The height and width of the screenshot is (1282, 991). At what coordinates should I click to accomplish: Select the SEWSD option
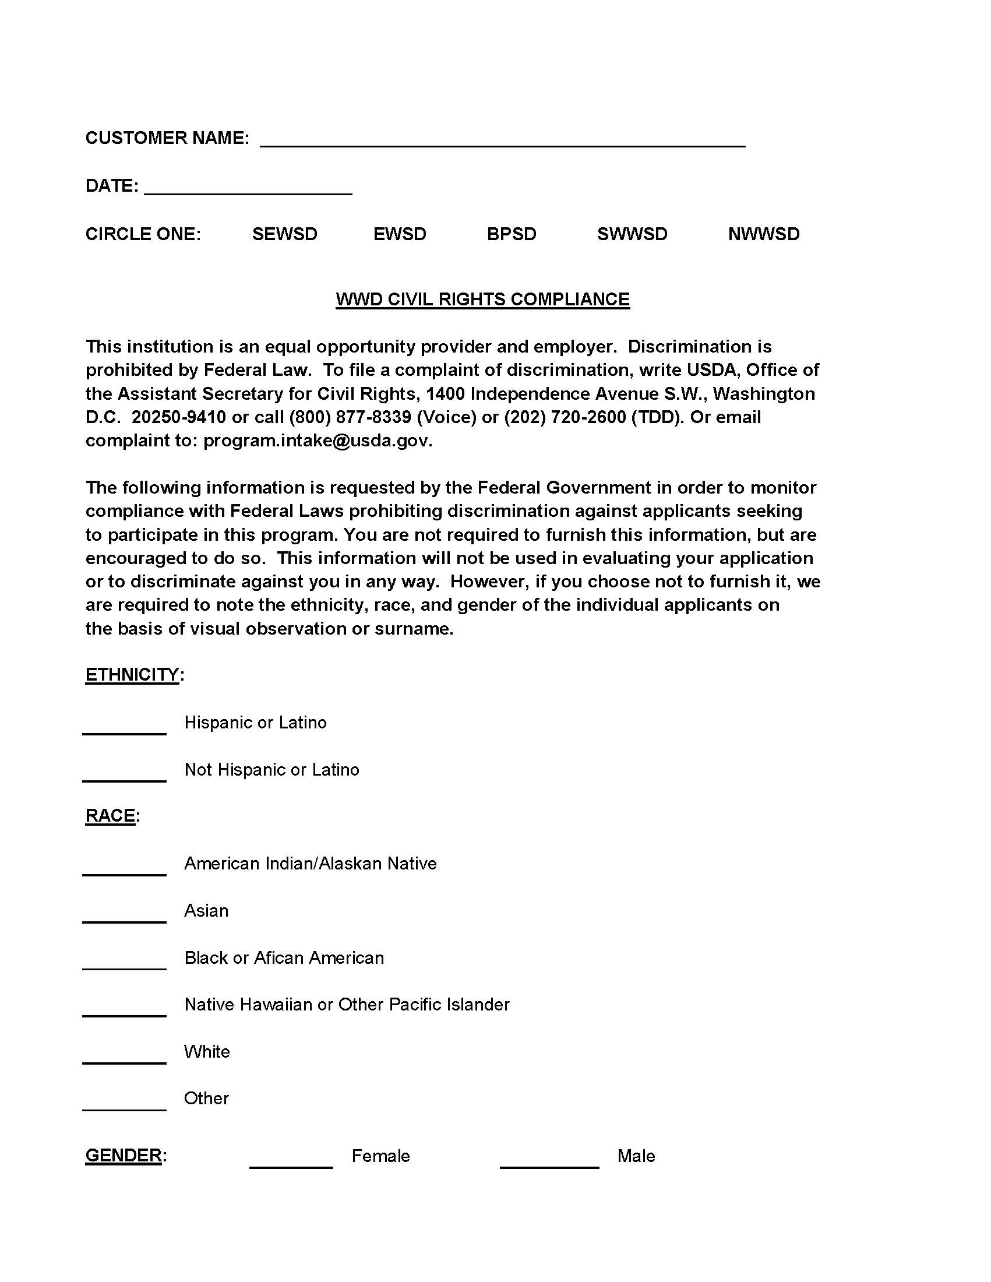point(284,234)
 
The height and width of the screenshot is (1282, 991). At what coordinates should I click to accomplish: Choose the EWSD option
point(400,234)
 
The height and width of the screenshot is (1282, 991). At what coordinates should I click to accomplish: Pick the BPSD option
point(512,234)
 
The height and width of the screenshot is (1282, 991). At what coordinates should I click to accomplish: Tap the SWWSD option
point(632,234)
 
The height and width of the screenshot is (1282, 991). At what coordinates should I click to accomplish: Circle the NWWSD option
point(763,234)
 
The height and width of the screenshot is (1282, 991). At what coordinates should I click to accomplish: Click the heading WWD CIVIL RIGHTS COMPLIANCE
point(482,300)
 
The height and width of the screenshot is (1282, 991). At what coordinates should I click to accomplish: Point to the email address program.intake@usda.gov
point(317,441)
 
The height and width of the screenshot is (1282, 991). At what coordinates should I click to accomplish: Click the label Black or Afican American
point(284,958)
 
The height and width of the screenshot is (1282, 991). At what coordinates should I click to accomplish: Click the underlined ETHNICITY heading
point(132,675)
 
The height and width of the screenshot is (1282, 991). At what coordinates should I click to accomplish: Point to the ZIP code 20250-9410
point(178,417)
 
